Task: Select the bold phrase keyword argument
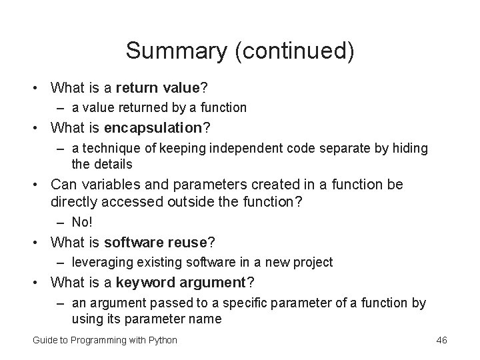(181, 282)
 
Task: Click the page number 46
(441, 340)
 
